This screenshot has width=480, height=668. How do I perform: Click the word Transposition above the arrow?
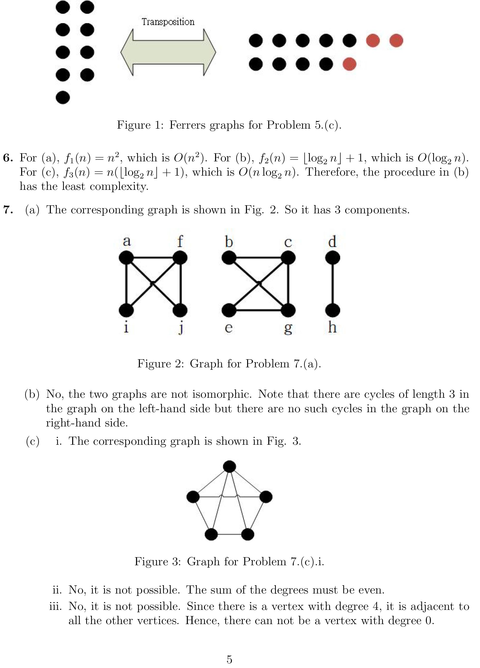168,22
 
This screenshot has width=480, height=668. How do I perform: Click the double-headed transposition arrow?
168,52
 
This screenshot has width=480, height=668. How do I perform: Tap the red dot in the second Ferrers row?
349,64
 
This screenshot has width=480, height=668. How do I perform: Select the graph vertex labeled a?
126,258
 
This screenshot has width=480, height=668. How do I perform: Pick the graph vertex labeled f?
180,258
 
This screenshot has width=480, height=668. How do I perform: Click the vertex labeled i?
126,310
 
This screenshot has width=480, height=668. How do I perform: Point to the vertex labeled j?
180,310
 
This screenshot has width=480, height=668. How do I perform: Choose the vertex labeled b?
229,258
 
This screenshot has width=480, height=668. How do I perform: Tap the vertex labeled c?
288,258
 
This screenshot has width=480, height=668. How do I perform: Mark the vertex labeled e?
229,310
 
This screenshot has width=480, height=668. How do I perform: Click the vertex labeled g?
288,310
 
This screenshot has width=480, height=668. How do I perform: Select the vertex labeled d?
332,258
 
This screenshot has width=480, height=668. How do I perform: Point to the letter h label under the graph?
332,327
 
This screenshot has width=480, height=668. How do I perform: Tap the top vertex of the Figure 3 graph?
230,467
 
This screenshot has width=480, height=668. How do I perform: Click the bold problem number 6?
8,158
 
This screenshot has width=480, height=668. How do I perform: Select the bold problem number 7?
8,210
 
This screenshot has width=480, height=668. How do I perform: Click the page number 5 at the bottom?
229,659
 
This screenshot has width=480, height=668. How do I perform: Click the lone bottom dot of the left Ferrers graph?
63,98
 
